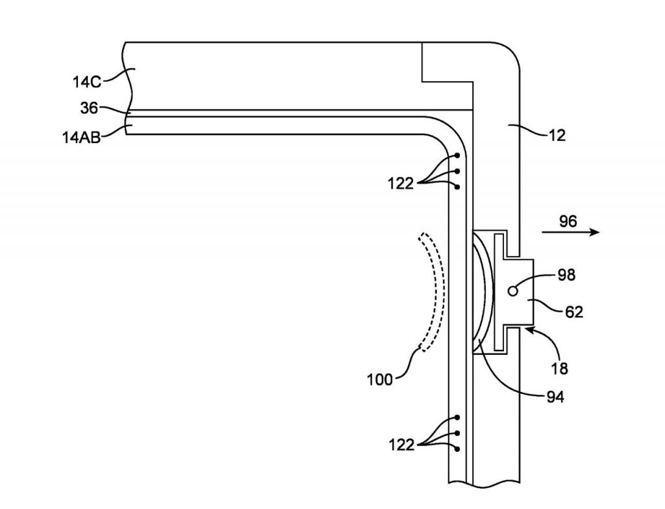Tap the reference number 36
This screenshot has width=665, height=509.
[89, 108]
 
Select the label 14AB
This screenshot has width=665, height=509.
[81, 137]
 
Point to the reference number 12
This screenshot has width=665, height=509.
[557, 135]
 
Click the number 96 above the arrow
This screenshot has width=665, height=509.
[568, 222]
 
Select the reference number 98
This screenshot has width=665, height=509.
[566, 276]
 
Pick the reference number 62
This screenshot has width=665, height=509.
[573, 312]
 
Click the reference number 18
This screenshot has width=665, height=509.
[558, 369]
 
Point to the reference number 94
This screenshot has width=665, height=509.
[554, 395]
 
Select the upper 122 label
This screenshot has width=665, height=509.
[401, 184]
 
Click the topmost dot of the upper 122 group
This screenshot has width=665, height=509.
[458, 156]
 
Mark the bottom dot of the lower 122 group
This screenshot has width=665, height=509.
[458, 449]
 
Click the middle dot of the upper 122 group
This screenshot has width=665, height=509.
[458, 172]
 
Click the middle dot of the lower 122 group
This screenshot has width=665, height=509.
[458, 433]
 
